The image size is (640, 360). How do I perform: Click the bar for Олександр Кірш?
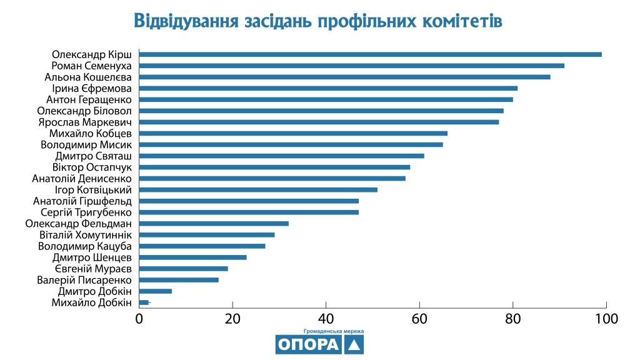click(370, 54)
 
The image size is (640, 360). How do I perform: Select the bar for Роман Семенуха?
click(351, 66)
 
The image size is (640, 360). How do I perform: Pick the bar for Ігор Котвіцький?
click(258, 189)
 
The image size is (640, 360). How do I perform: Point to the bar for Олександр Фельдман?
click(214, 223)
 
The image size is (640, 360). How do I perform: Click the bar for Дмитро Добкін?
click(156, 291)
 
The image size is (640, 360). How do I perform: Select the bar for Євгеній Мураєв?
click(184, 269)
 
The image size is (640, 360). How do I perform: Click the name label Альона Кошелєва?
click(88, 77)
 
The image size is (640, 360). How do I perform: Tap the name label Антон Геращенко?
click(89, 99)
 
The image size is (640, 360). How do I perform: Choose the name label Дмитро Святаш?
click(93, 156)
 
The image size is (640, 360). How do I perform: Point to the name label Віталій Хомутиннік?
click(85, 234)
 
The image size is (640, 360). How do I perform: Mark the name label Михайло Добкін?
click(92, 302)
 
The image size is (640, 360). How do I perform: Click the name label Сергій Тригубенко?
click(90, 212)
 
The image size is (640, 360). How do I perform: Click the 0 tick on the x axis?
click(139, 319)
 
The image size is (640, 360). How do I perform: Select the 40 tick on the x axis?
click(326, 319)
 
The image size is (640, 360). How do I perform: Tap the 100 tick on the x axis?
click(606, 319)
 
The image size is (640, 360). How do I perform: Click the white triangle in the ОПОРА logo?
click(354, 345)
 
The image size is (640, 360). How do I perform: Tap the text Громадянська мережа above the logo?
click(333, 331)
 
